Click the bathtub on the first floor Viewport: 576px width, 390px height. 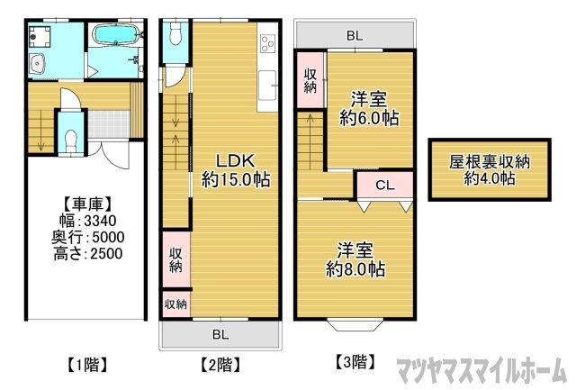coord(113,36)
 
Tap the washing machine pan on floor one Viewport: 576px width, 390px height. coord(40,35)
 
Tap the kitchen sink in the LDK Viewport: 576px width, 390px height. coord(268,87)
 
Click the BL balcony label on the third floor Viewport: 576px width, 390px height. coord(355,36)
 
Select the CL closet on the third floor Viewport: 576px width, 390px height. coord(383,186)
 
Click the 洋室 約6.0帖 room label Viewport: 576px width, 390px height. coord(369,109)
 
